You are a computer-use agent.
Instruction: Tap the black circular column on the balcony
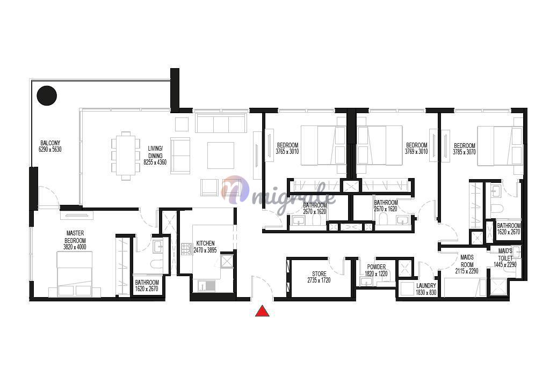(x=47, y=95)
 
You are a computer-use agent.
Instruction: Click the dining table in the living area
(x=125, y=156)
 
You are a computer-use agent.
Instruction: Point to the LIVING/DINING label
(x=155, y=152)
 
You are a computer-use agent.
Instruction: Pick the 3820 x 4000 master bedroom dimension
(x=75, y=247)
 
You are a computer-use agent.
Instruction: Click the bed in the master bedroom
(x=75, y=274)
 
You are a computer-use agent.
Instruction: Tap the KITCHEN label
(x=205, y=243)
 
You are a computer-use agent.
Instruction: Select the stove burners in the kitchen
(x=186, y=249)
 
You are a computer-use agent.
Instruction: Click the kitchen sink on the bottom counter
(x=206, y=286)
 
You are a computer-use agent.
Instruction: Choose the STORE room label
(x=319, y=274)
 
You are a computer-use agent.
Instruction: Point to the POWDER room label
(x=377, y=267)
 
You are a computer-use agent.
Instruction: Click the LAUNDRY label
(x=426, y=286)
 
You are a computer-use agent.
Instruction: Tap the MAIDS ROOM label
(x=467, y=261)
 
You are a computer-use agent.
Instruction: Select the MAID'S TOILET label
(x=505, y=255)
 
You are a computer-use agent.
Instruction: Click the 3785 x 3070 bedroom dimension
(x=464, y=152)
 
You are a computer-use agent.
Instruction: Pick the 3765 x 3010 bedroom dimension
(x=287, y=151)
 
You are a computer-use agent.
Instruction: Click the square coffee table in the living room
(x=221, y=156)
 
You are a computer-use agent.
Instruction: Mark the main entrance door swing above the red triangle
(x=263, y=284)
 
